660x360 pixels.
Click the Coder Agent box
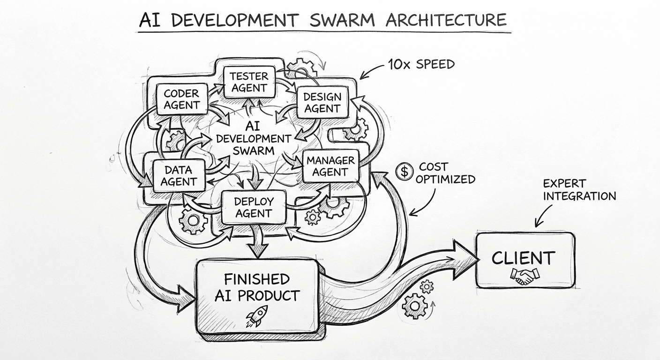181,99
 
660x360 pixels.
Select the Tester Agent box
249,82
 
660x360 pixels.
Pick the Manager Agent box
330,166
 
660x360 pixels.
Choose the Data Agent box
179,175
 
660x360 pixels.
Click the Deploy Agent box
253,207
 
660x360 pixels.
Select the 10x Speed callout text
421,64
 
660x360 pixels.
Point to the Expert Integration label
579,190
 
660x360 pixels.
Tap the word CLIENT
523,258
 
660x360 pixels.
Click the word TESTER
249,76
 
